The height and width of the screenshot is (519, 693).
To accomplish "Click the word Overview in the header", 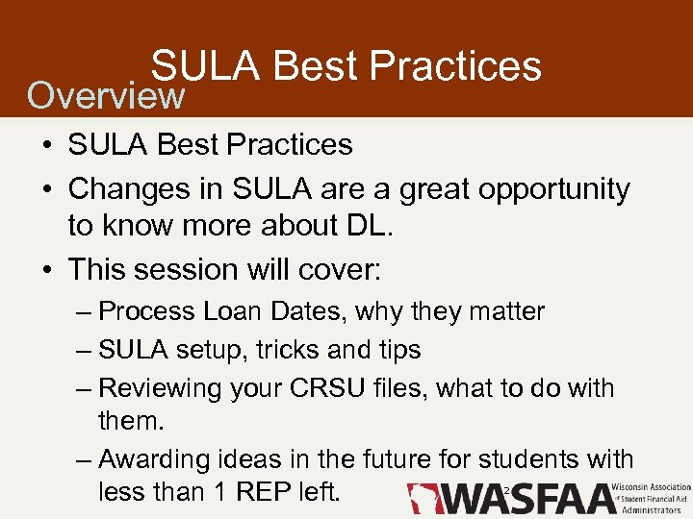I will [x=105, y=95].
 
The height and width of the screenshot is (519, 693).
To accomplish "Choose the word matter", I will [x=507, y=312].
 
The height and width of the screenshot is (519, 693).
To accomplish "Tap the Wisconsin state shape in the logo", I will [x=423, y=498].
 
